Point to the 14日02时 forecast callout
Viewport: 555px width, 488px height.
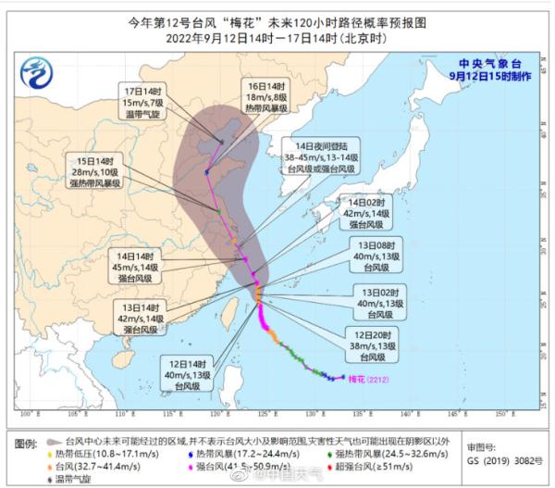(x=362, y=212)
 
